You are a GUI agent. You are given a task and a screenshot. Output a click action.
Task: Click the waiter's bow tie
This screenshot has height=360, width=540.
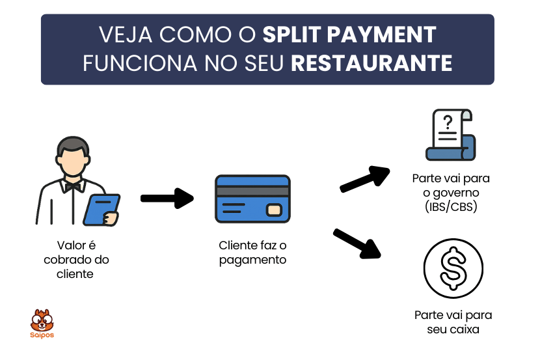(72, 186)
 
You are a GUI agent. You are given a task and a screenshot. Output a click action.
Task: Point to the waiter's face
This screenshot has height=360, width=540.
(72, 160)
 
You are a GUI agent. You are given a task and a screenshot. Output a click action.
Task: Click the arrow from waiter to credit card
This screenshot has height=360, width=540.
(167, 199)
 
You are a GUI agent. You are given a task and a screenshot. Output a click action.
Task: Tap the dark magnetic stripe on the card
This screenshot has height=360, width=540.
(252, 191)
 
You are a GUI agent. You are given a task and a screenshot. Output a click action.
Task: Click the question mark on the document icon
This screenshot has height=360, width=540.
(447, 122)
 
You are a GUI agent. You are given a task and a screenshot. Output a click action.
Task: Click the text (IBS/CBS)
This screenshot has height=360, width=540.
(451, 208)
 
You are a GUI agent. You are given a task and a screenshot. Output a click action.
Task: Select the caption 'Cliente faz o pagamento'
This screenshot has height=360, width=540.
(252, 253)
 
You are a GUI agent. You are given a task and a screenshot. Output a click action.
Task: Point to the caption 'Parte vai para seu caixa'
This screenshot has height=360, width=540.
(453, 322)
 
